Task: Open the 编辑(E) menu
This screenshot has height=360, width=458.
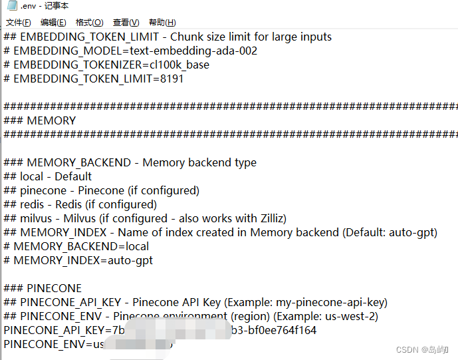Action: (53, 23)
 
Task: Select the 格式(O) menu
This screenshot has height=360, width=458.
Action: (89, 23)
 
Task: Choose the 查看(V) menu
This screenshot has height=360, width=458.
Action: (126, 23)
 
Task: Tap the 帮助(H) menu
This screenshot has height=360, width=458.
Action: (162, 23)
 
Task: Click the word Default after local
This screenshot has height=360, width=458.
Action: (73, 176)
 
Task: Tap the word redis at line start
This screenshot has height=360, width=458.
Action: (32, 204)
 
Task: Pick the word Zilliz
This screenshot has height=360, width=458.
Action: (282, 218)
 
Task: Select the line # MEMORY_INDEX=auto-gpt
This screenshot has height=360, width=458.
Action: (78, 260)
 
